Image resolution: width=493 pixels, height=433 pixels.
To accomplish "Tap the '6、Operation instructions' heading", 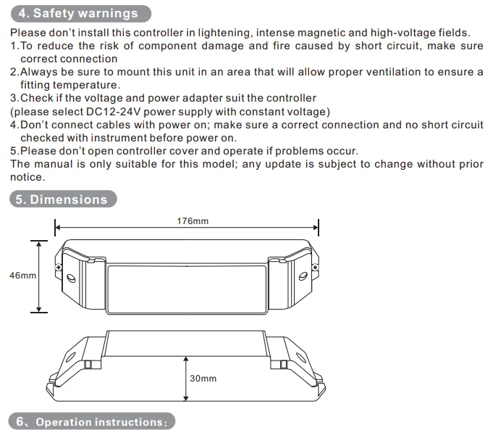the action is click(x=91, y=421).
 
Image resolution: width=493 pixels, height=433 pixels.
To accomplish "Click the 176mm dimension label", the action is click(x=193, y=221).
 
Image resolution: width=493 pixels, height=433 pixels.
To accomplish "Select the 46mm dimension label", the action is click(x=22, y=275).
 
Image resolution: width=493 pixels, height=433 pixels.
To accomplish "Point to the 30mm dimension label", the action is click(x=203, y=378).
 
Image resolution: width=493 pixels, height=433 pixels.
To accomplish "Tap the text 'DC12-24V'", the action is click(x=113, y=112).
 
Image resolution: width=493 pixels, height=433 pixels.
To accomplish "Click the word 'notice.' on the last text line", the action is click(x=28, y=177).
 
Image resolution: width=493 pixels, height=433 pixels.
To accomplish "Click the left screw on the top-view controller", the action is click(x=59, y=268).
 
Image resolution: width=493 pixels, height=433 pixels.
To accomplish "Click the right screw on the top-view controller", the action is click(x=315, y=268).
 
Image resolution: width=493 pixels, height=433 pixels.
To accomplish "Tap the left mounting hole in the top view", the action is click(x=72, y=279).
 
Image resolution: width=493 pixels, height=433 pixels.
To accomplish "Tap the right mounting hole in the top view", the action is click(x=303, y=276).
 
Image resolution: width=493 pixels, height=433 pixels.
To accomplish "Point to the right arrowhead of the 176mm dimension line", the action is click(x=316, y=227).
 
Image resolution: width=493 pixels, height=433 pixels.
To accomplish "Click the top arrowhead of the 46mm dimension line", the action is click(x=39, y=244).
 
